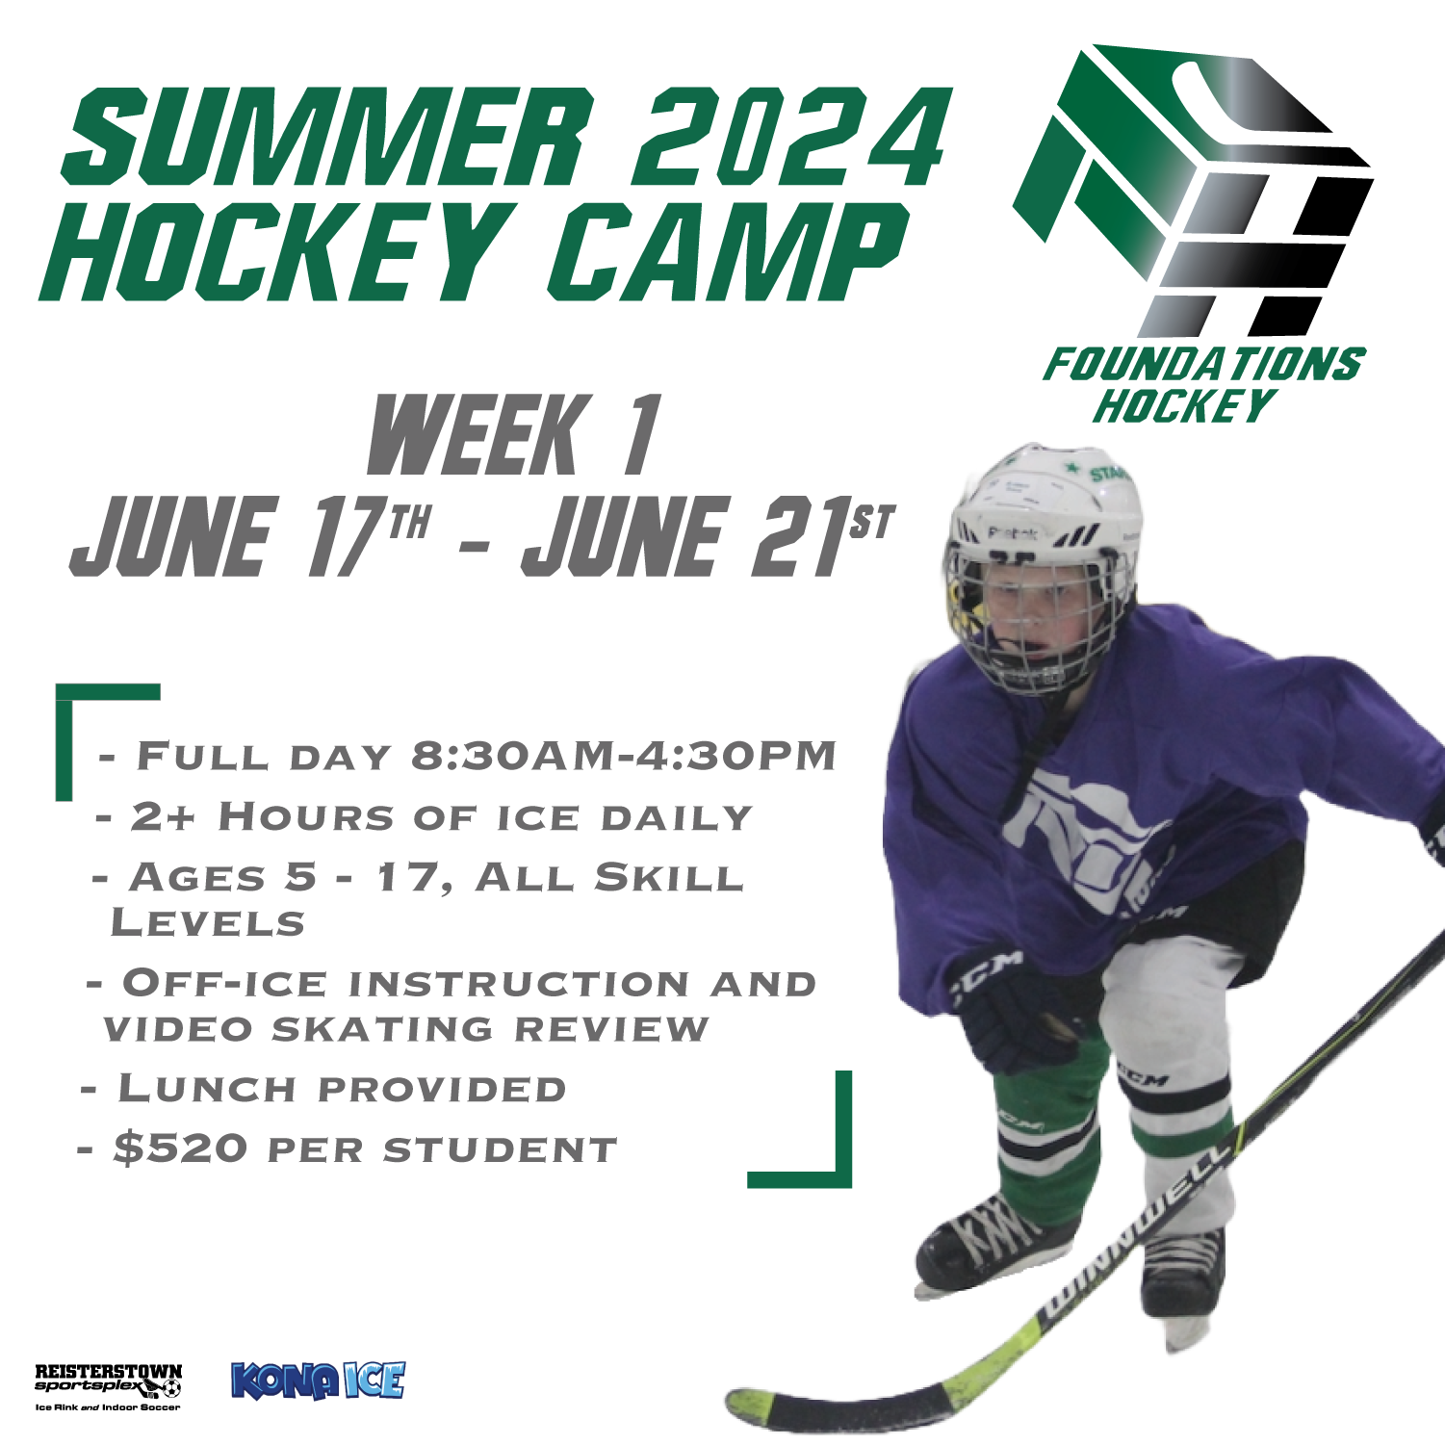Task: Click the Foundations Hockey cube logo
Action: pos(1194,193)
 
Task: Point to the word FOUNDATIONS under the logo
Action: pos(1203,366)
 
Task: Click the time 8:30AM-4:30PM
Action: pos(623,757)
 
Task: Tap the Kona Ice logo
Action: pos(318,1380)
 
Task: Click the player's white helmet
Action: pos(1045,501)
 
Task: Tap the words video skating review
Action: pos(404,1029)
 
